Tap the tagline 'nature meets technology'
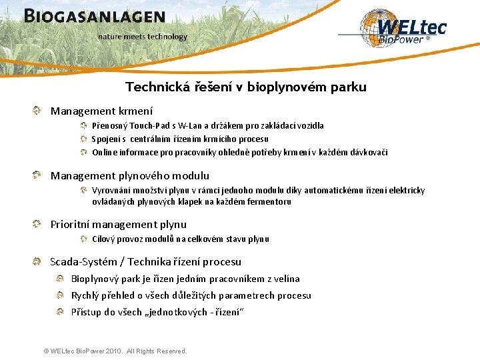(143, 37)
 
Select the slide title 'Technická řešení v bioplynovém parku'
(246, 87)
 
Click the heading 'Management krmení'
(101, 111)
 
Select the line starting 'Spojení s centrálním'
(180, 139)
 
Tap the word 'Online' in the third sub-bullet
(105, 153)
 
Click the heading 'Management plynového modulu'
(130, 176)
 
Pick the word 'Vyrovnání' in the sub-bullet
(112, 191)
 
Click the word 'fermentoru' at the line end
(271, 202)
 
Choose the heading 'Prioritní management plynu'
(119, 225)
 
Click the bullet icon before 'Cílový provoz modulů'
(84, 239)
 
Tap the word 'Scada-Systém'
(85, 262)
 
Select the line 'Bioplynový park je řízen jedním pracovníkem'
(185, 279)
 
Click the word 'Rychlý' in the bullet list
(85, 296)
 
